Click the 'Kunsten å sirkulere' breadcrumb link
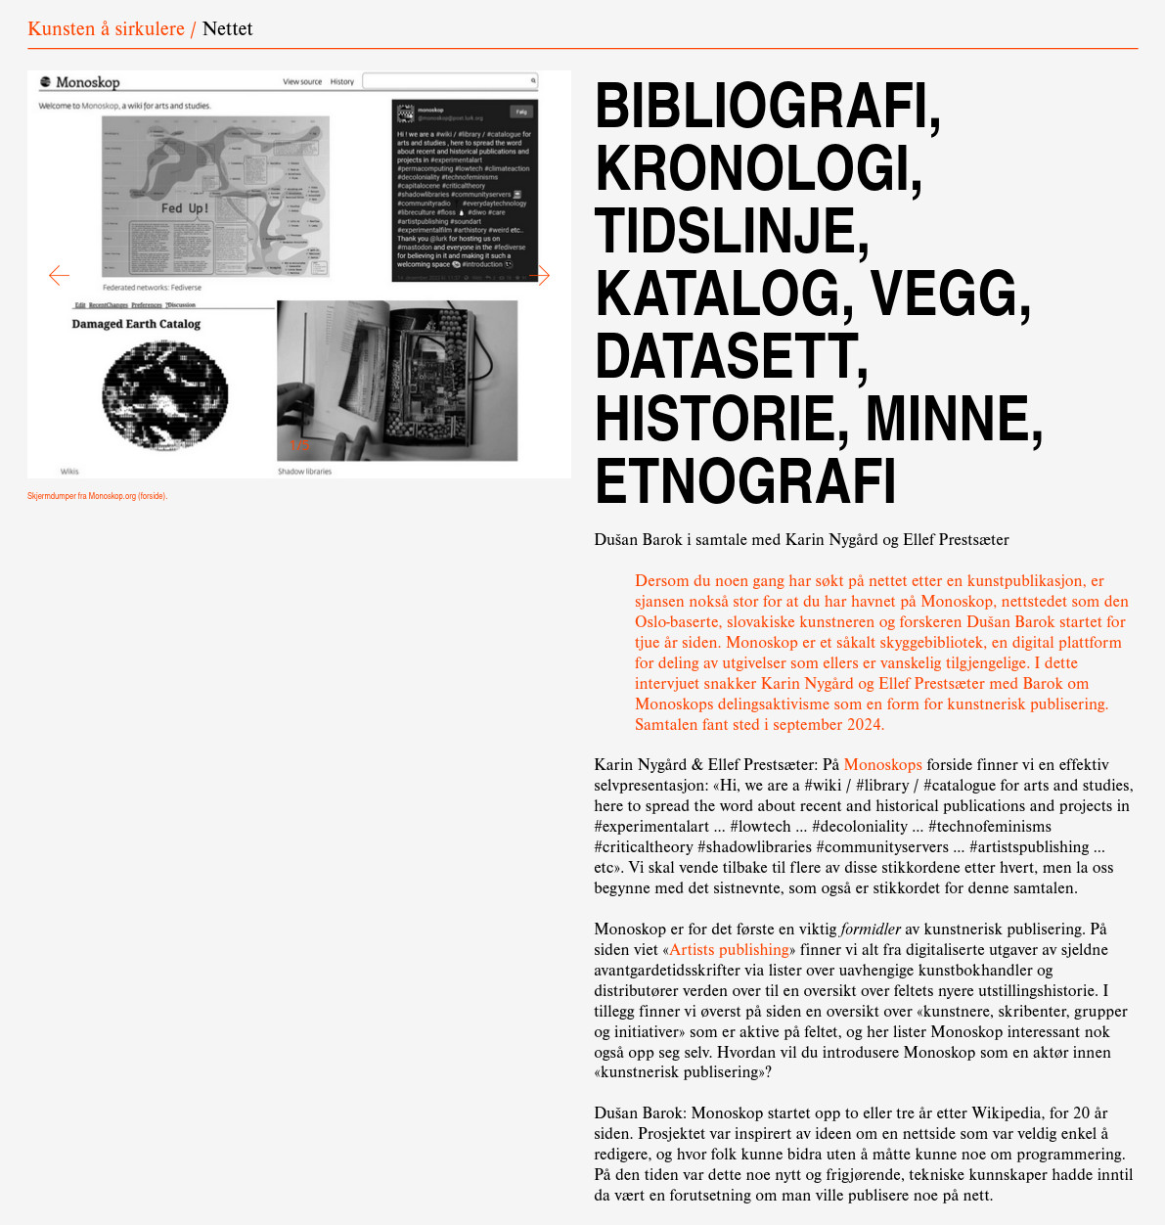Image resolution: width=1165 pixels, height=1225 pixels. [106, 29]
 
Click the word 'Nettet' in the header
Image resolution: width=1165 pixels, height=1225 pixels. [227, 29]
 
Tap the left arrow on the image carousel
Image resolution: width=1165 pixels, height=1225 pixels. [59, 276]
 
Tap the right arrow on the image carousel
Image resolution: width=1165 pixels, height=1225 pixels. [541, 276]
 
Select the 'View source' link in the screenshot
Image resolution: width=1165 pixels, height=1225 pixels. [302, 82]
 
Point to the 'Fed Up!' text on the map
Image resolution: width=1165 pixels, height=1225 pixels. [185, 208]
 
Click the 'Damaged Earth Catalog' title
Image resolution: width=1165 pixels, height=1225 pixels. [136, 324]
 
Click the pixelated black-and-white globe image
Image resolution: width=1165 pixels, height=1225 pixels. [164, 393]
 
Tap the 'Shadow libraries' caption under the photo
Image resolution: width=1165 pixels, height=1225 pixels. [304, 472]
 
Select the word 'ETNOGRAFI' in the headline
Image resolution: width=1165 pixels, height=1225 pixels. [745, 480]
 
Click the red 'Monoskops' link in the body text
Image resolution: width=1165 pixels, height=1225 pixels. [882, 765]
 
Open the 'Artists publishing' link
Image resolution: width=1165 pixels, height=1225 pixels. [729, 950]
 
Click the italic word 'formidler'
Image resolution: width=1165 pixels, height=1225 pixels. [871, 930]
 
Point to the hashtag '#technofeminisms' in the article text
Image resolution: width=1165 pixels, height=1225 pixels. [989, 827]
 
